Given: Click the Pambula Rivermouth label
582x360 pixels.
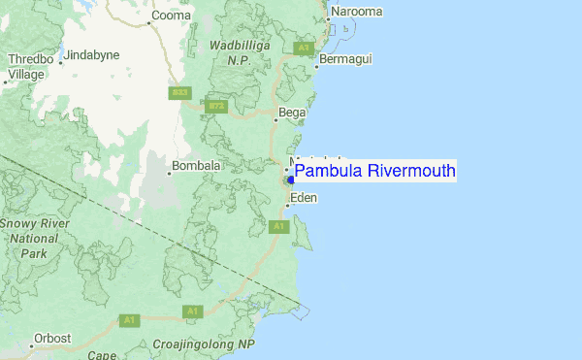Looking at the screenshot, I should pyautogui.click(x=374, y=172).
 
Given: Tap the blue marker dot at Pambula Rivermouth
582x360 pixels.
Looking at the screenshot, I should pyautogui.click(x=291, y=180).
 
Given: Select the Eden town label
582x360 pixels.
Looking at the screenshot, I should pyautogui.click(x=304, y=198).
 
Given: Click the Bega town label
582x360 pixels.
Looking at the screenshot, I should pyautogui.click(x=292, y=113).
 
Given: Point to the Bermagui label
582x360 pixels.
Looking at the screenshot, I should pyautogui.click(x=343, y=60).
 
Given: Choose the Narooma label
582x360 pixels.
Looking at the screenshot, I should pyautogui.click(x=356, y=12).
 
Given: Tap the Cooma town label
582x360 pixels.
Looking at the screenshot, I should pyautogui.click(x=172, y=16).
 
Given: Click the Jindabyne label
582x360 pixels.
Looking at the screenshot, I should pyautogui.click(x=92, y=55).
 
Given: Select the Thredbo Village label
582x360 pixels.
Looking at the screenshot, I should pyautogui.click(x=26, y=66).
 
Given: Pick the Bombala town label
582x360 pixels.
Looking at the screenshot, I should pyautogui.click(x=196, y=166).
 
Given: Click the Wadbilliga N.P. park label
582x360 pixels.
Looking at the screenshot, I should pyautogui.click(x=232, y=52).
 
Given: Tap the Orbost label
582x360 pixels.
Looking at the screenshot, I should pyautogui.click(x=51, y=339).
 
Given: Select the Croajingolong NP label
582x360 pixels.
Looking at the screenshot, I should pyautogui.click(x=204, y=344).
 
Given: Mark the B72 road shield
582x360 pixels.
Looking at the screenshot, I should pyautogui.click(x=215, y=105).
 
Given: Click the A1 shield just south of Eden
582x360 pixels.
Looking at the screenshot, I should pyautogui.click(x=278, y=226).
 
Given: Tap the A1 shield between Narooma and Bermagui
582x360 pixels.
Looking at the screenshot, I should pyautogui.click(x=304, y=47).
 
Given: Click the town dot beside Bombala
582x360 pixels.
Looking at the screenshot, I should pyautogui.click(x=167, y=167).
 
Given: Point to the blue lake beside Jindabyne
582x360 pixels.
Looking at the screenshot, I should pyautogui.click(x=59, y=49).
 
